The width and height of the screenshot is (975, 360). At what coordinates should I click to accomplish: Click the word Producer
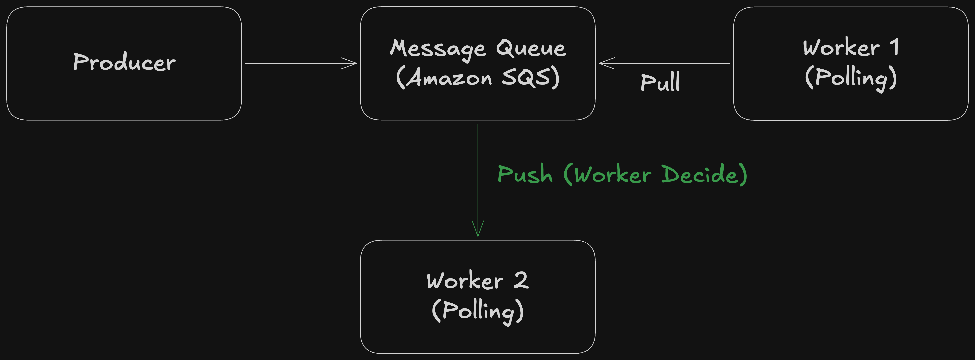(x=125, y=62)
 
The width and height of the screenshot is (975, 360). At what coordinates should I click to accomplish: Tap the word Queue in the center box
(x=531, y=48)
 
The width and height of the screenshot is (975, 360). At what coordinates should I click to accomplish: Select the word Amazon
(x=449, y=78)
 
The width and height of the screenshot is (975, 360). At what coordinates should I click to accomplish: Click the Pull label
(x=660, y=81)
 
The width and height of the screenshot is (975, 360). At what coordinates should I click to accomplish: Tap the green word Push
(x=525, y=174)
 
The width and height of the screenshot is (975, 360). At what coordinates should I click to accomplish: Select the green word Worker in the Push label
(x=613, y=174)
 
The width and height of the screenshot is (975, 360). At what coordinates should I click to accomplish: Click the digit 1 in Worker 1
(x=894, y=47)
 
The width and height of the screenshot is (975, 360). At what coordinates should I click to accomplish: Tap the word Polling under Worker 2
(x=478, y=311)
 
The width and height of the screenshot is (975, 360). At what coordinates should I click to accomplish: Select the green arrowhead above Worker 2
(x=478, y=229)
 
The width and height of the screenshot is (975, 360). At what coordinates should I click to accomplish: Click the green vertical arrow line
(x=478, y=180)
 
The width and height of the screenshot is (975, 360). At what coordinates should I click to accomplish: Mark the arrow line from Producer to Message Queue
(x=301, y=63)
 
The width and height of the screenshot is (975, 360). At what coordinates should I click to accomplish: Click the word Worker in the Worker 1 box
(x=841, y=47)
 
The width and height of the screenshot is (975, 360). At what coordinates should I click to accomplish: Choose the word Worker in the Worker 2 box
(x=465, y=281)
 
